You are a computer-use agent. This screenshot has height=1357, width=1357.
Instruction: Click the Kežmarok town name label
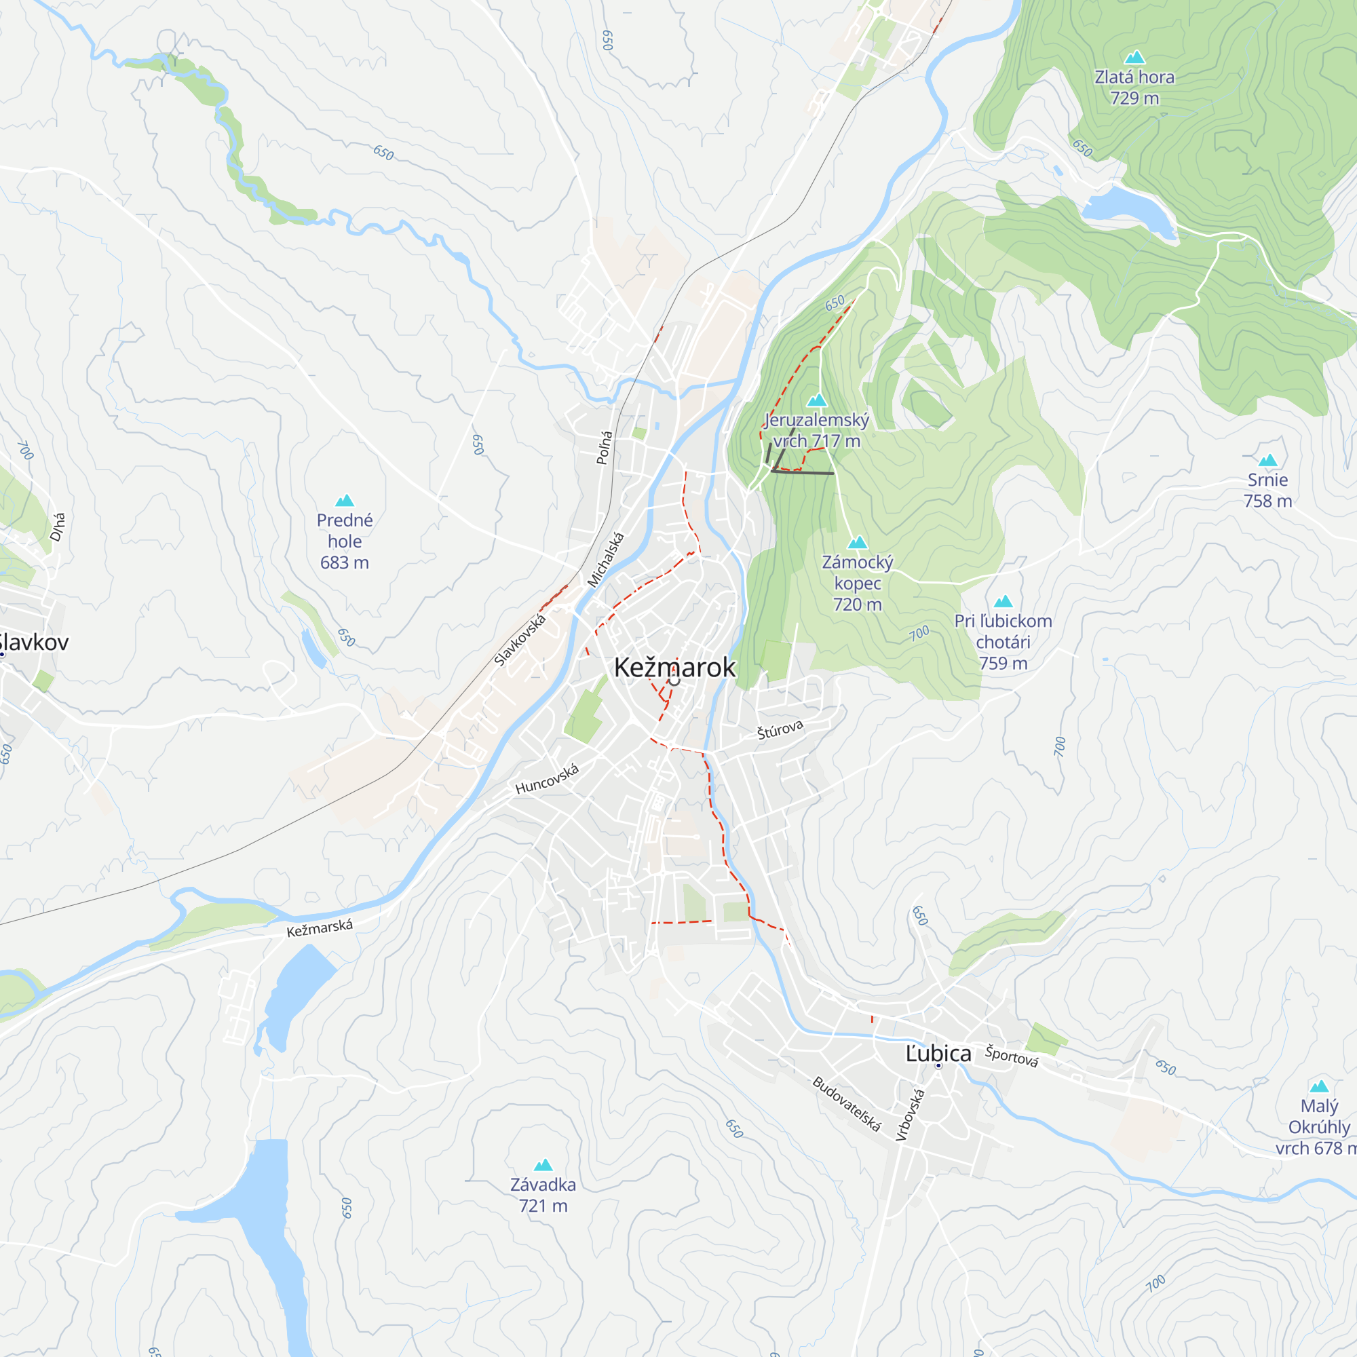coord(674,667)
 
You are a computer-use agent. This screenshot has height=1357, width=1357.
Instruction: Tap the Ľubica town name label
coord(938,1054)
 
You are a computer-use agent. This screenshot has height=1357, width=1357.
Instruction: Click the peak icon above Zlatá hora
coord(1134,58)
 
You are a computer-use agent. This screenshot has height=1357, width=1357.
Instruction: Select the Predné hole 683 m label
coord(344,541)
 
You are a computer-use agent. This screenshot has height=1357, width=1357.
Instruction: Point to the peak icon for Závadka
coord(543,1165)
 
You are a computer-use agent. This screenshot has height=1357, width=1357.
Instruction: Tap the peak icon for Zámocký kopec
coord(857,543)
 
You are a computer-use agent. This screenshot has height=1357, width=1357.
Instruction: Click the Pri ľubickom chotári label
coord(1002,641)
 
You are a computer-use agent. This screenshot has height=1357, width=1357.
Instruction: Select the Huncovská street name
coord(546,779)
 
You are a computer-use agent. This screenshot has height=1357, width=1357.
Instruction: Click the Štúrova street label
coord(780,730)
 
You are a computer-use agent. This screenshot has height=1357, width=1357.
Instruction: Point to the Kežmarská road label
coord(319,928)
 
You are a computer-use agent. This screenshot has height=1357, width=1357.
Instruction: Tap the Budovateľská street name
coord(845,1103)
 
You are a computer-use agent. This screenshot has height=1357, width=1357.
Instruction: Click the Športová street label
coord(1011,1056)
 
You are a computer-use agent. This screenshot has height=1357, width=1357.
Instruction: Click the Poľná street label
coord(604,447)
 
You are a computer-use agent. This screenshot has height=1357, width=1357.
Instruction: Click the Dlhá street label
coord(58,527)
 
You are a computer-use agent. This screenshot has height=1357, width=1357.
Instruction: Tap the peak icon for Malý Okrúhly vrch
coord(1318,1086)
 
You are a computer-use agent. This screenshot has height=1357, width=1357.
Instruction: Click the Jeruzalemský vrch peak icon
coord(816,401)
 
